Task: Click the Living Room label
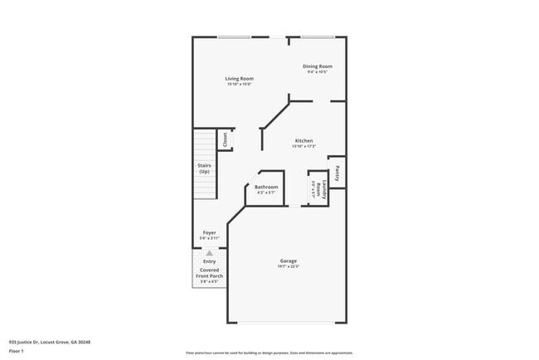[239, 79]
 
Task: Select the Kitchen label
[303, 141]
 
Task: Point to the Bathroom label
[266, 187]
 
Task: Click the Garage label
[288, 261]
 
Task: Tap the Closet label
[225, 140]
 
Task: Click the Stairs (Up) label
[204, 168]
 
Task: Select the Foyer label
[210, 233]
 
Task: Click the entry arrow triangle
[210, 253]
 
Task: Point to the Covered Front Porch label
[210, 273]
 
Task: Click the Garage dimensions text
[288, 267]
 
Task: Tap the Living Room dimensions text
[239, 85]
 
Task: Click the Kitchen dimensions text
[303, 147]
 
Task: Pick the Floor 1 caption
[16, 351]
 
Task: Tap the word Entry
[210, 262]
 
